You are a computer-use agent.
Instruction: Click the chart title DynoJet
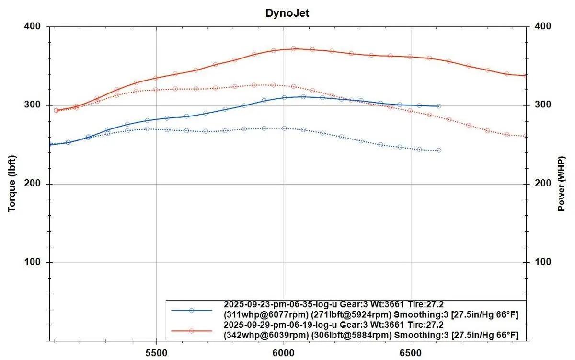pyautogui.click(x=287, y=13)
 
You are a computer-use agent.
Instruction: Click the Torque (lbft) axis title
pyautogui.click(x=12, y=184)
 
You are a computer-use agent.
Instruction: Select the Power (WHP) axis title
pyautogui.click(x=561, y=184)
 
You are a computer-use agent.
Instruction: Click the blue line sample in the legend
pyautogui.click(x=191, y=310)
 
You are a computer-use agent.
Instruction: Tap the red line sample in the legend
pyautogui.click(x=191, y=331)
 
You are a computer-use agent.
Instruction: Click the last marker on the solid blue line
pyautogui.click(x=438, y=106)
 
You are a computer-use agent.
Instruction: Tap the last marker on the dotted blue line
pyautogui.click(x=438, y=151)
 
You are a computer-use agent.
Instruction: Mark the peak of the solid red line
pyautogui.click(x=293, y=48)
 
